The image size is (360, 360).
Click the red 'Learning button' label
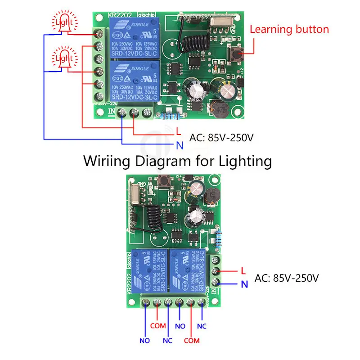pos(289,30)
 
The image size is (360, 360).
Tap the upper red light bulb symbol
pos(63,22)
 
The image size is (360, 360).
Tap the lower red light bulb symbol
pos(63,59)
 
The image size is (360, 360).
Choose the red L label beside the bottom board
pos(243,271)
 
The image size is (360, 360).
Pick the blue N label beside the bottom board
pos(244,284)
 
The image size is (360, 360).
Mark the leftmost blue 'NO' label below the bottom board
pos(144,341)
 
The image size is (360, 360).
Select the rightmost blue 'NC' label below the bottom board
pos(202,325)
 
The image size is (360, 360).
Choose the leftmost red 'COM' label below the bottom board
pos(157,325)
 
